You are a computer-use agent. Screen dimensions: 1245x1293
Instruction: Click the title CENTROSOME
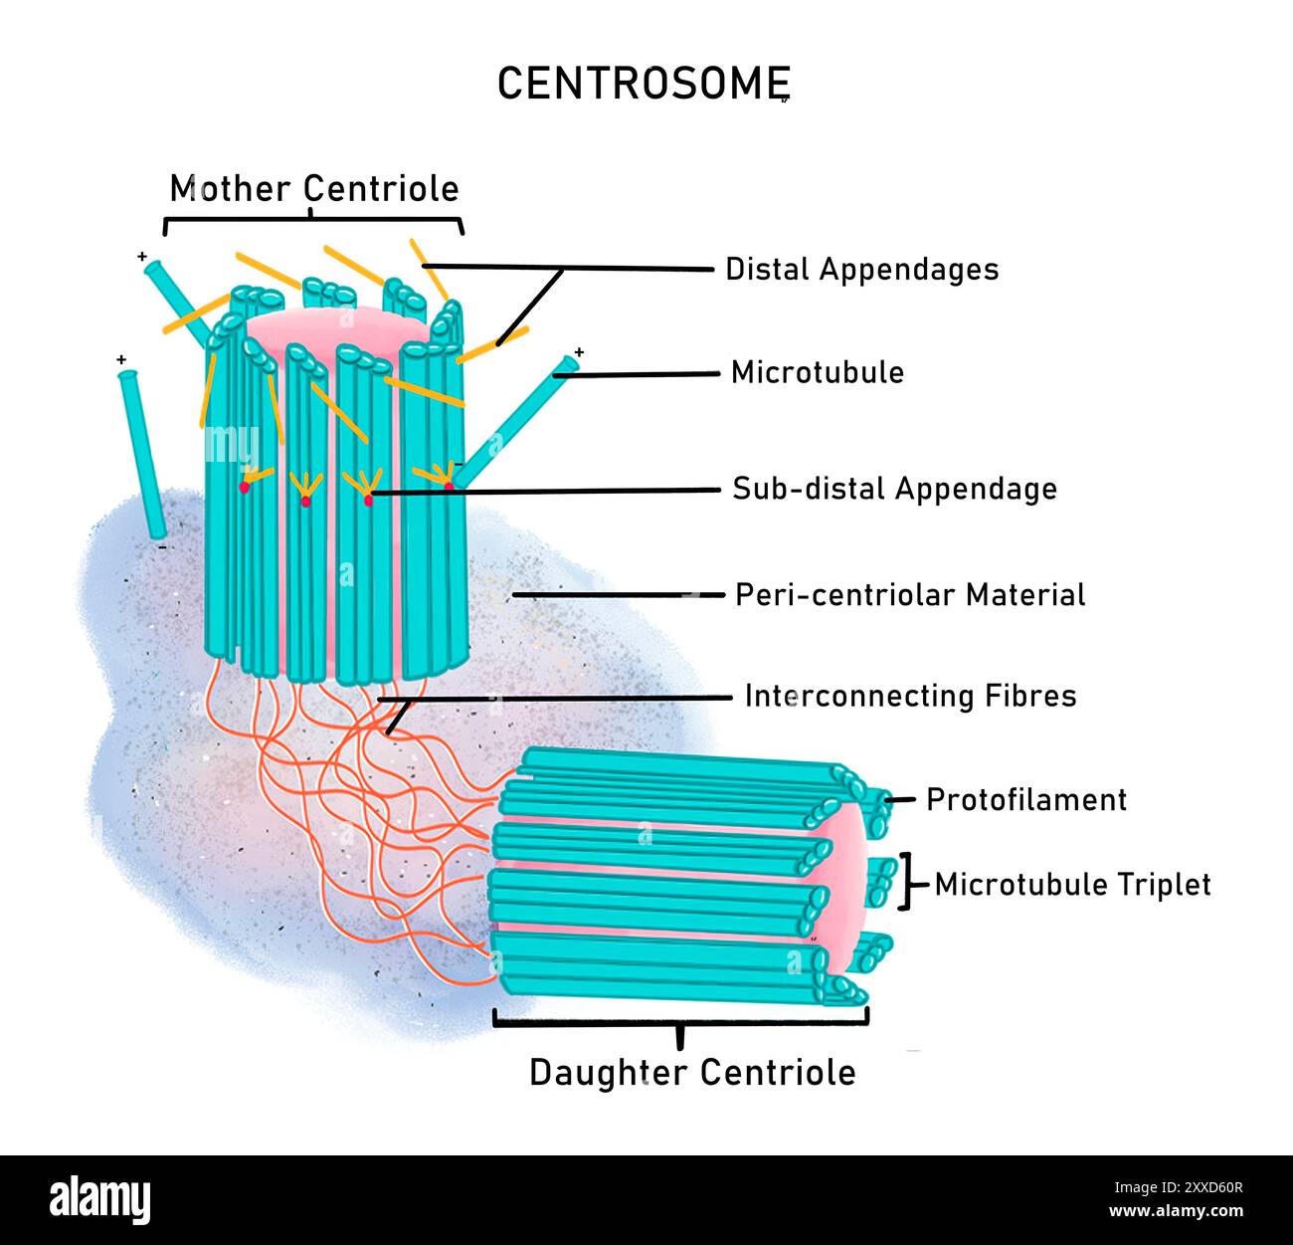coord(643,84)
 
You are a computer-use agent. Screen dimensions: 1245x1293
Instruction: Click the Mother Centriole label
coord(314,188)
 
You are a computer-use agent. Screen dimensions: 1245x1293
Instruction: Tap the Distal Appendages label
coord(861,269)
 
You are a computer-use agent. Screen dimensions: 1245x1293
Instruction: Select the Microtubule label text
coord(818,372)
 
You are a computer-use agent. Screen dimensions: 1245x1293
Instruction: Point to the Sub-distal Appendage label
coord(894,489)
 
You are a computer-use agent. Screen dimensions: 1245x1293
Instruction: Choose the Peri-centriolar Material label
coord(910,595)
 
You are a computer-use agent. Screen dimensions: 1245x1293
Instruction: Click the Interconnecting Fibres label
coord(910,695)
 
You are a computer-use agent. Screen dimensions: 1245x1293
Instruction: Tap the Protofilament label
coord(1025,799)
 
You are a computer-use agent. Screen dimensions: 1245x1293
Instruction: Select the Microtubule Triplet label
coord(1072,884)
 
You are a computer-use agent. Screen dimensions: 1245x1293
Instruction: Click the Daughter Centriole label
coord(692,1072)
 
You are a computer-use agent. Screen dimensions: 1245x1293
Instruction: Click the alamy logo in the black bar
coord(99,1199)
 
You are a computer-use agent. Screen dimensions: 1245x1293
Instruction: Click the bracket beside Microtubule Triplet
coord(906,882)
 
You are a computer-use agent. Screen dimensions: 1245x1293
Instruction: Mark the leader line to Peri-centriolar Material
coord(617,594)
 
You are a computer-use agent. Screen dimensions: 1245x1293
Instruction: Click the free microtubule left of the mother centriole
coord(142,453)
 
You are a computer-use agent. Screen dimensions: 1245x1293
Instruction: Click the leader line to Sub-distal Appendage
coord(547,490)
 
